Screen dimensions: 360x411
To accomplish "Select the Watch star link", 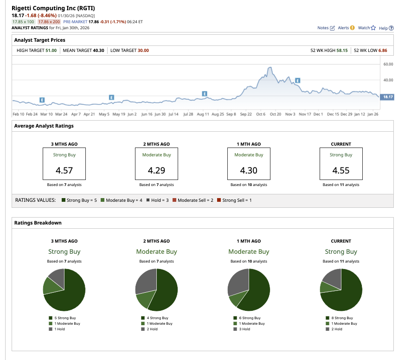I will (x=366, y=28).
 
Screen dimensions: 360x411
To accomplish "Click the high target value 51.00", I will (x=51, y=51).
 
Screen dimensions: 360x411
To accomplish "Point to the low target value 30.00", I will (x=143, y=51).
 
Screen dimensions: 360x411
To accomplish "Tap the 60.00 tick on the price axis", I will (x=388, y=64).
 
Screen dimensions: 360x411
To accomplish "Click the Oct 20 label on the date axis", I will (x=276, y=114).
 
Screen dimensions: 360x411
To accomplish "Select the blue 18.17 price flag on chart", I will (x=387, y=96).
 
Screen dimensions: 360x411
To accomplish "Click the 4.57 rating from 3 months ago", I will (x=64, y=170).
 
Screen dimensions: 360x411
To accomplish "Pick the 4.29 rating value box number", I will (x=157, y=170).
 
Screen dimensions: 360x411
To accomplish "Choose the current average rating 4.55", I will (x=341, y=170).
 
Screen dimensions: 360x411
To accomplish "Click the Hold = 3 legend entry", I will (x=158, y=200).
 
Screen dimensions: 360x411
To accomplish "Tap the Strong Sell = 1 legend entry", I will (x=237, y=200).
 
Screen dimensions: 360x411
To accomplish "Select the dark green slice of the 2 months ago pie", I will (x=167, y=292).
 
